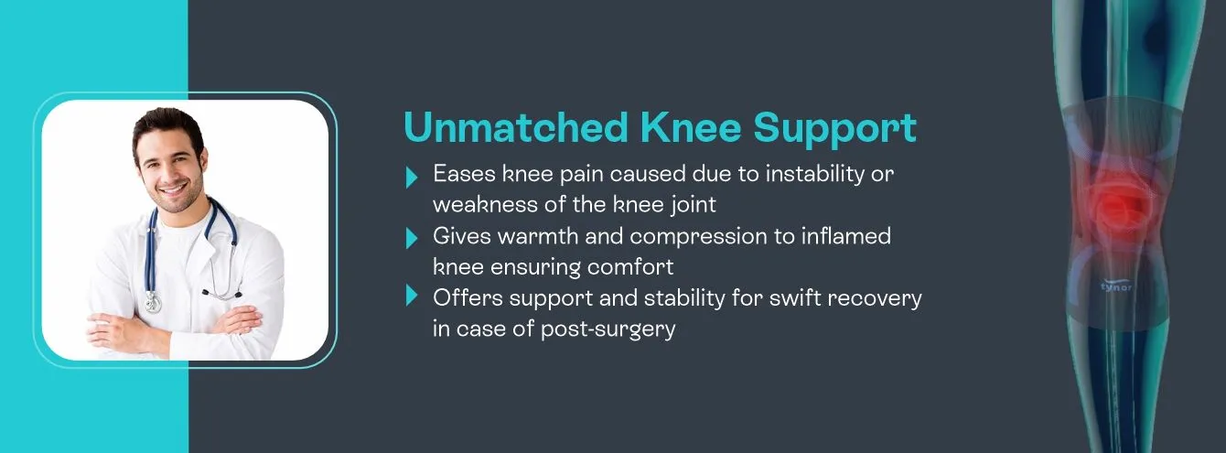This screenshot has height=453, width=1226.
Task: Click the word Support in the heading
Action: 834,129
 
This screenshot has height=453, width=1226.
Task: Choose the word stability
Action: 672,297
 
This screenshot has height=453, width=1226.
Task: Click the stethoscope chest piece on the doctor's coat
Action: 153,302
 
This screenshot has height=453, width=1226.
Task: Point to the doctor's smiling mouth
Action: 170,181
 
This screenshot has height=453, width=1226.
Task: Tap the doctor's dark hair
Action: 165,124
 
